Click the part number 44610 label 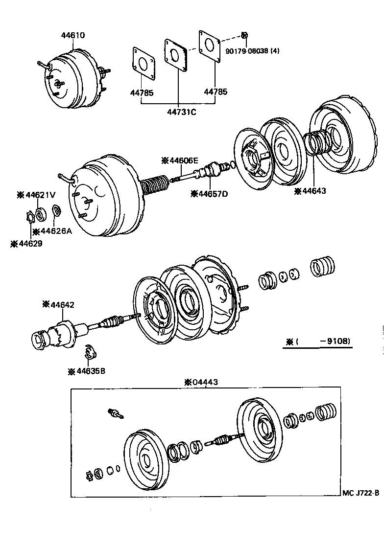point(73,35)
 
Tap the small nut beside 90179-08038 point(243,35)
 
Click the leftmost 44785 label point(142,92)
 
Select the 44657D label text point(211,194)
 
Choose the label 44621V point(36,195)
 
